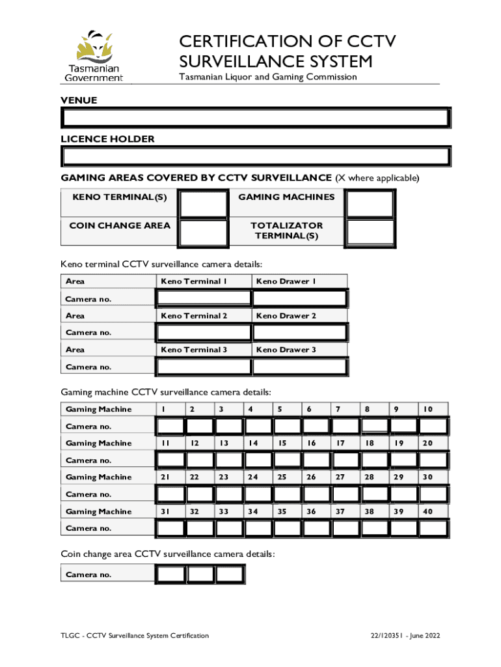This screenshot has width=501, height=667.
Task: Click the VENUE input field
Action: pyautogui.click(x=255, y=118)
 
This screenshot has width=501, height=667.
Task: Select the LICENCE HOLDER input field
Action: pyautogui.click(x=255, y=156)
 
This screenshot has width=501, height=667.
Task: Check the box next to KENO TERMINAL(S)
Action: pyautogui.click(x=204, y=203)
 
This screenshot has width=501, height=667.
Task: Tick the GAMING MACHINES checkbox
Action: pyautogui.click(x=370, y=203)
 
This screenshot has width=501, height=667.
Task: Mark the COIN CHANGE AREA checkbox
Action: pyautogui.click(x=204, y=233)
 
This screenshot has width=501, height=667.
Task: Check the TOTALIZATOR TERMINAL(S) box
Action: pyautogui.click(x=370, y=233)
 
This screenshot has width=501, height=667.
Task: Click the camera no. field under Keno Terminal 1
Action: pyautogui.click(x=204, y=298)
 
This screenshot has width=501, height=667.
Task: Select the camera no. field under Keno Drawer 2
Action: pyautogui.click(x=299, y=332)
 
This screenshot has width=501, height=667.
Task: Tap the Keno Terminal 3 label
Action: pyautogui.click(x=194, y=350)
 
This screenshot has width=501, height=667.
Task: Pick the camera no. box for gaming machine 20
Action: pyautogui.click(x=433, y=461)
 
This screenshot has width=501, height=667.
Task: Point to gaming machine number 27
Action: pyautogui.click(x=340, y=477)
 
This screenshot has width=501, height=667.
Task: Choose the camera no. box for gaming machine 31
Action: pyautogui.click(x=170, y=528)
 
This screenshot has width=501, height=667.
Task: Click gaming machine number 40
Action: pyautogui.click(x=427, y=511)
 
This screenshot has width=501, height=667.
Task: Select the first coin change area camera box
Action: pyautogui.click(x=171, y=575)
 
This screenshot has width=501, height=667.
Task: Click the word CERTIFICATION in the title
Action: pyautogui.click(x=246, y=43)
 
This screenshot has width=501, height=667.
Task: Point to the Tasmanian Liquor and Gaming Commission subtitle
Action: pyautogui.click(x=268, y=77)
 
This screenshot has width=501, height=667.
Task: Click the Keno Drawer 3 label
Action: pyautogui.click(x=286, y=350)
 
